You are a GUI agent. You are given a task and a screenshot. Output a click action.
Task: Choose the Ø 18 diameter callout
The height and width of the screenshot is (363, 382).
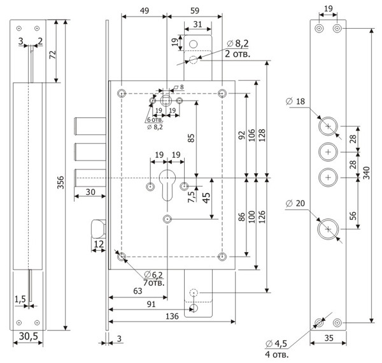coord(296,102)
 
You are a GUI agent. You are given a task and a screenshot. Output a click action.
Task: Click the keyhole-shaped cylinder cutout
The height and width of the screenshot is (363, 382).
coord(167,185)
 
